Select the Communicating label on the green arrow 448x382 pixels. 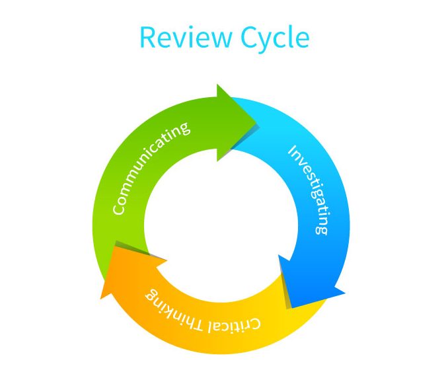pos(151,168)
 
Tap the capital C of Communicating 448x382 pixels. pos(119,209)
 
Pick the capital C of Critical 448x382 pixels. pos(256,325)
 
